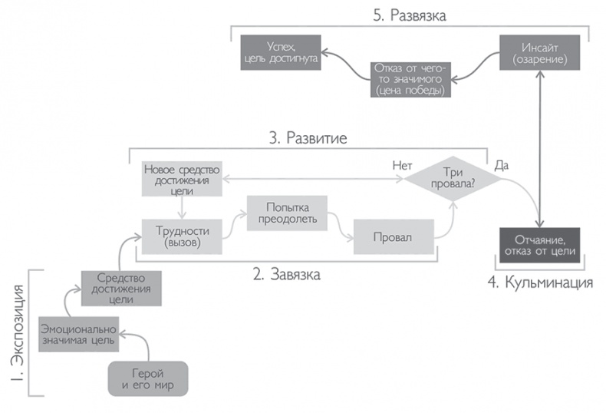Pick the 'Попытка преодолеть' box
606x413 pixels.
(286, 213)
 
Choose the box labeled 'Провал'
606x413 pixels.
(394, 236)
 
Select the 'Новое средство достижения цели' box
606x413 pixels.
(182, 179)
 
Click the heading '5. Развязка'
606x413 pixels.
(410, 15)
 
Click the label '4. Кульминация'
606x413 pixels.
(542, 282)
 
